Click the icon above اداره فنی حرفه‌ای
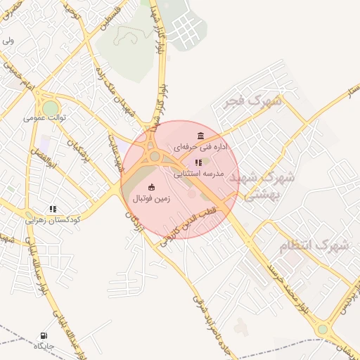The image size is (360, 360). coord(202,135)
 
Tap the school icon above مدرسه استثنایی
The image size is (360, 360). coord(198,162)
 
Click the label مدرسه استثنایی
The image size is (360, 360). coord(198,173)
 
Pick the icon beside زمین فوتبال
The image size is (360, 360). coord(152,186)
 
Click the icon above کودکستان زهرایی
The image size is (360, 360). coord(53,209)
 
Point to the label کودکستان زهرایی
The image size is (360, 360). coord(53,220)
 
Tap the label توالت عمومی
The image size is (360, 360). coord(45,117)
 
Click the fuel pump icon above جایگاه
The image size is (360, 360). coord(44,335)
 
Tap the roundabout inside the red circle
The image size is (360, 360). coord(155,156)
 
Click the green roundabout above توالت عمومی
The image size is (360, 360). coord(51,108)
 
